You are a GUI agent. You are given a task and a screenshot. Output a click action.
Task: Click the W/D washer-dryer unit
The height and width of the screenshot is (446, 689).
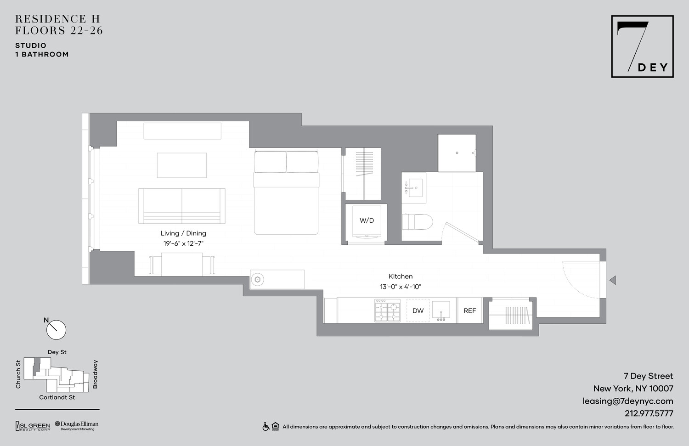click(x=367, y=221)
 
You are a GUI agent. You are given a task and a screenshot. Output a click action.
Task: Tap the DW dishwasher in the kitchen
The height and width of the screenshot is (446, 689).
click(x=418, y=311)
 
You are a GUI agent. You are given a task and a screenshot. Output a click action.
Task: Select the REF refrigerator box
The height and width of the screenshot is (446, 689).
click(x=469, y=311)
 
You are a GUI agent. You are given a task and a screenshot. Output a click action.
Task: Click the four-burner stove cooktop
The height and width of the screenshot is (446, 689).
click(x=387, y=311)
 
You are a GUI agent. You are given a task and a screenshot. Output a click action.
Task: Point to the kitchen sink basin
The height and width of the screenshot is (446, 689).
click(x=441, y=309)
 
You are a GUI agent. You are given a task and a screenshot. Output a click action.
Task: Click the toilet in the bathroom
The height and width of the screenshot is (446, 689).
click(x=418, y=222)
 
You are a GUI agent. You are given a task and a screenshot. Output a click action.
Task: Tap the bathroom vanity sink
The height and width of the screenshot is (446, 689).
click(x=415, y=187)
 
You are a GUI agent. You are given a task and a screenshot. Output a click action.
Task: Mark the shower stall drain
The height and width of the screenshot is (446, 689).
click(x=457, y=153)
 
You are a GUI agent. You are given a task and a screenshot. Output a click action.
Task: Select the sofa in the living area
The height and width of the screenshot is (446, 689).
click(x=182, y=206)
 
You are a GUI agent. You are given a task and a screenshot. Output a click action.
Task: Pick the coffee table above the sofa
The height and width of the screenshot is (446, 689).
click(x=182, y=165)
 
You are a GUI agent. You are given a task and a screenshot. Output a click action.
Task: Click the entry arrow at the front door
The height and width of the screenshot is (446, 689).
click(x=612, y=280)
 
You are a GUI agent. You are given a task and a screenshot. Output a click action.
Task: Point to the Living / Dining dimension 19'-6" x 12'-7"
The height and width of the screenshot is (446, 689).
click(x=183, y=243)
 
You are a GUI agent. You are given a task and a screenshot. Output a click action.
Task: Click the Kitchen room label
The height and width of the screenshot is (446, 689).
click(x=401, y=276)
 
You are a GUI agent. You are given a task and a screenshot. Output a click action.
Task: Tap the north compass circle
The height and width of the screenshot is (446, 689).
click(x=56, y=330)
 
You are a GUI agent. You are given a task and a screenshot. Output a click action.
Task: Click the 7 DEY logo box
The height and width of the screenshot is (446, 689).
click(x=642, y=46)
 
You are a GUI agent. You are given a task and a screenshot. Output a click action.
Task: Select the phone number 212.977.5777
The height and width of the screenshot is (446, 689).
click(x=649, y=413)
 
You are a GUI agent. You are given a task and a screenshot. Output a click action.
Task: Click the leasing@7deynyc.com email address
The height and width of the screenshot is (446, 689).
click(x=628, y=401)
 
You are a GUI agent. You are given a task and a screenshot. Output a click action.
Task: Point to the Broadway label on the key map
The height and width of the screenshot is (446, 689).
click(x=96, y=374)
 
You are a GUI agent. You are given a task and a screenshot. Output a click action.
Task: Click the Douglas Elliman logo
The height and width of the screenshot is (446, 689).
click(x=77, y=425)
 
